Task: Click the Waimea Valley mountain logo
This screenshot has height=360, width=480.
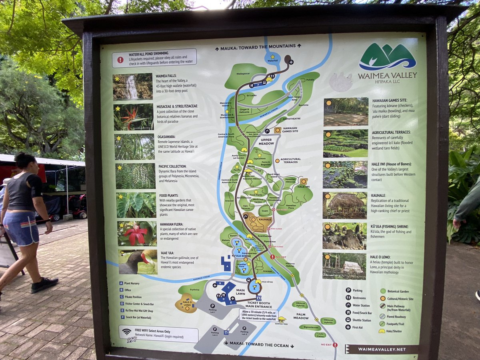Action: [387, 56]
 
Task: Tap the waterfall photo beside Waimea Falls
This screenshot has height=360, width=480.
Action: [132, 86]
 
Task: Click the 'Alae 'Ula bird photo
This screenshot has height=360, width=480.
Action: [138, 262]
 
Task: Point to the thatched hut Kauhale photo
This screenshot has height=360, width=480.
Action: [344, 205]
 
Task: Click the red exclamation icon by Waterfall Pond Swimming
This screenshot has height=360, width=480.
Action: [120, 60]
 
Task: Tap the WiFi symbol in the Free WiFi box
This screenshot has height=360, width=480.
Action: [127, 332]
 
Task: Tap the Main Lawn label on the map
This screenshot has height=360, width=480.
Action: [240, 292]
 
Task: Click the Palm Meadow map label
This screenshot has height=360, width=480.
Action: [301, 316]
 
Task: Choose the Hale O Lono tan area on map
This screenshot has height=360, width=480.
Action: [186, 303]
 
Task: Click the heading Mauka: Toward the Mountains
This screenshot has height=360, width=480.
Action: [258, 46]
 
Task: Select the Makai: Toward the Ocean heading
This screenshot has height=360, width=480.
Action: [258, 345]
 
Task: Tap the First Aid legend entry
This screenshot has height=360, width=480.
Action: [357, 327]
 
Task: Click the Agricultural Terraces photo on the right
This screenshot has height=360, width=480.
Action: [346, 143]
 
